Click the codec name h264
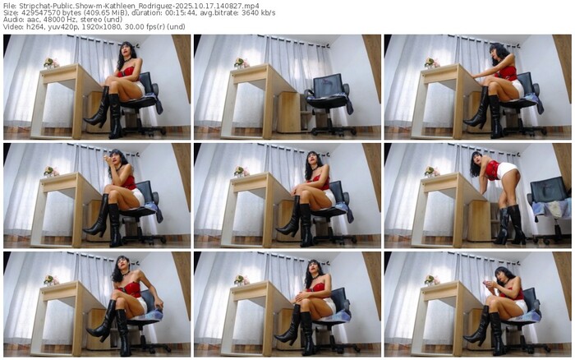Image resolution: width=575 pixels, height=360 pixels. pos(27,27)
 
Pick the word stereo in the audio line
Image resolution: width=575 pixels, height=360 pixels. pos(79,20)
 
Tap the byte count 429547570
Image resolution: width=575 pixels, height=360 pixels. pos(31,13)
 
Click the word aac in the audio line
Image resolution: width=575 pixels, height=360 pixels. pos(27,20)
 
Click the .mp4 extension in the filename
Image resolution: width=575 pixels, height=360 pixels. pos(252,6)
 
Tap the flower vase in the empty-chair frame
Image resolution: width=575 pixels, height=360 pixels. pos(240,63)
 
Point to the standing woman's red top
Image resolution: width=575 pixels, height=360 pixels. pos(493,170)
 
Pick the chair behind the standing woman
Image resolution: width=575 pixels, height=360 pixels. pos(548,209)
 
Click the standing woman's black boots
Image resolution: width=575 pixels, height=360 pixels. pos(510,225)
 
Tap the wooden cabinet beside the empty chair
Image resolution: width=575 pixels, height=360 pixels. pos(288,112)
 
